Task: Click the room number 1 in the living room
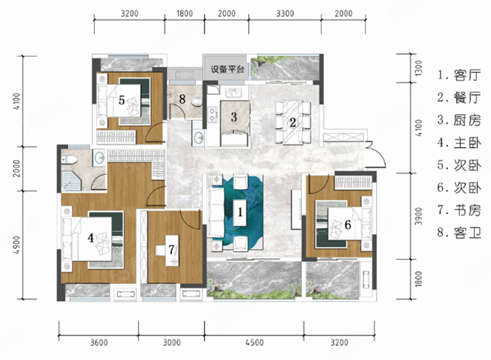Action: click(x=240, y=212)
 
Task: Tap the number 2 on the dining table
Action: click(x=293, y=122)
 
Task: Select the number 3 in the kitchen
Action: click(x=234, y=117)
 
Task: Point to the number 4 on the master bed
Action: click(x=91, y=238)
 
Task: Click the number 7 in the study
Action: click(x=171, y=250)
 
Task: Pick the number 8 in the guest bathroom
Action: click(x=182, y=99)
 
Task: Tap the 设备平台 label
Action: click(x=227, y=69)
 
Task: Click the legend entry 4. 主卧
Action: click(x=459, y=143)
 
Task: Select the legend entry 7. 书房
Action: click(x=459, y=210)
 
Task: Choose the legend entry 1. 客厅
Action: click(x=459, y=75)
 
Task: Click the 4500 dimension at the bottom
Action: click(x=254, y=342)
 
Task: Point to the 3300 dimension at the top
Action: click(x=285, y=13)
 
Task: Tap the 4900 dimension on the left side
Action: click(x=17, y=245)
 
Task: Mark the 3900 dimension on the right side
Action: click(x=419, y=216)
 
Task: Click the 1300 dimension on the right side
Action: click(x=419, y=67)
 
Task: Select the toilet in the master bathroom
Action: click(x=69, y=160)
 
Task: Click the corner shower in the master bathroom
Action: click(x=71, y=181)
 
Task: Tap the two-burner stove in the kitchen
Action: click(x=213, y=114)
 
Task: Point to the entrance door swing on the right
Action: click(x=377, y=155)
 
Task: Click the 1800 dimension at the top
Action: click(x=185, y=13)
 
